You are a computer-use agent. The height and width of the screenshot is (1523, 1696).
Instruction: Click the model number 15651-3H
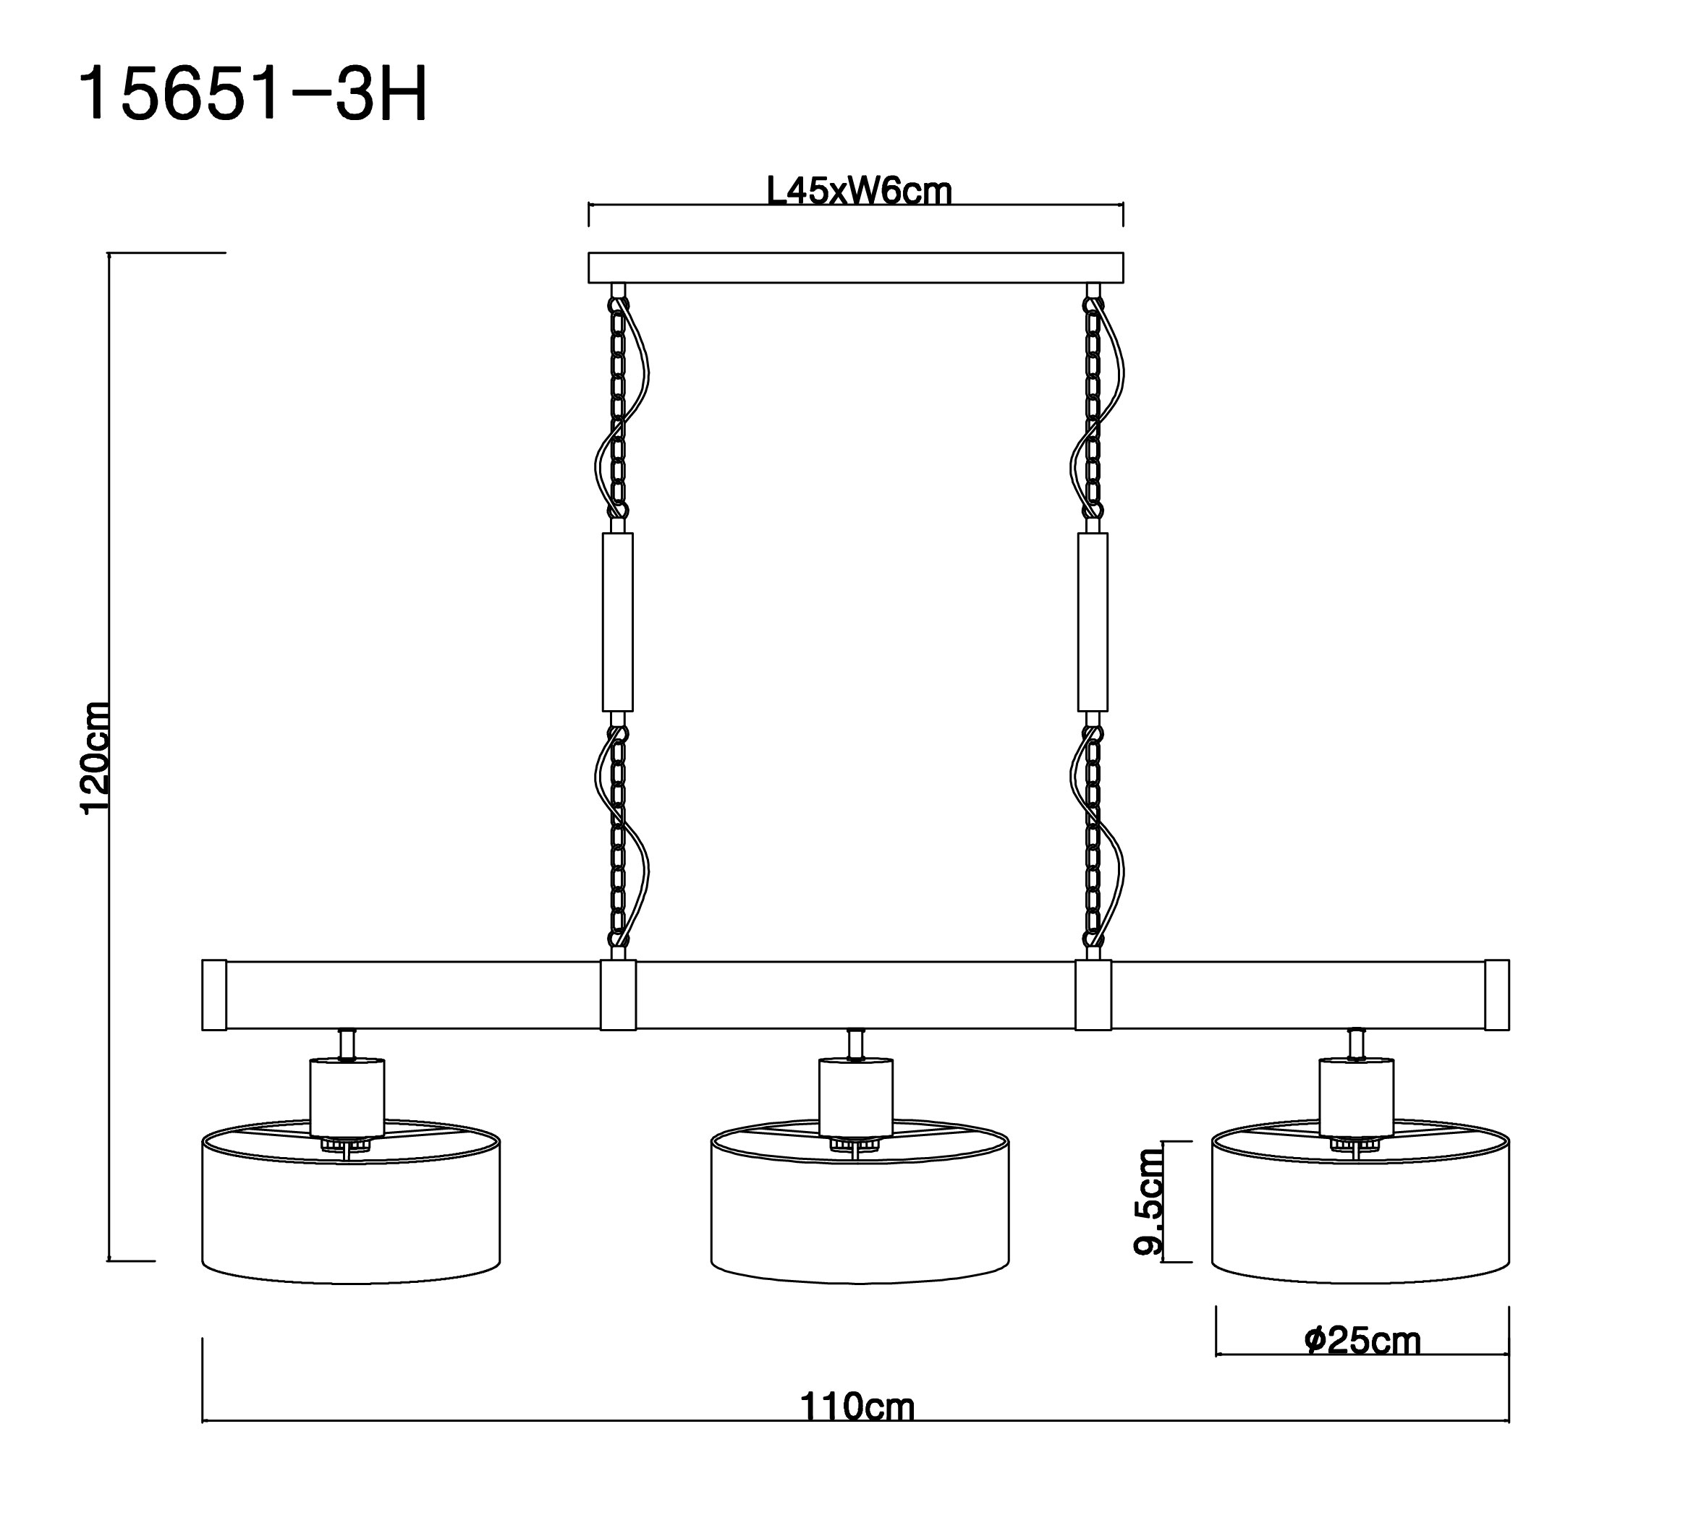[x=252, y=96]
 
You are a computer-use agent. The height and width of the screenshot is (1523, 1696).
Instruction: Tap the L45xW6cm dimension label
[x=859, y=192]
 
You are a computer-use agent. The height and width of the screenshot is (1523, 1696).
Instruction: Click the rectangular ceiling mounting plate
[x=855, y=268]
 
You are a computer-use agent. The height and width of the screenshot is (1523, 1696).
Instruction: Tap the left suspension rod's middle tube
[x=618, y=622]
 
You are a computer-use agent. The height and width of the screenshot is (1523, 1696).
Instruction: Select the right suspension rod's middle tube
[x=1093, y=622]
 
